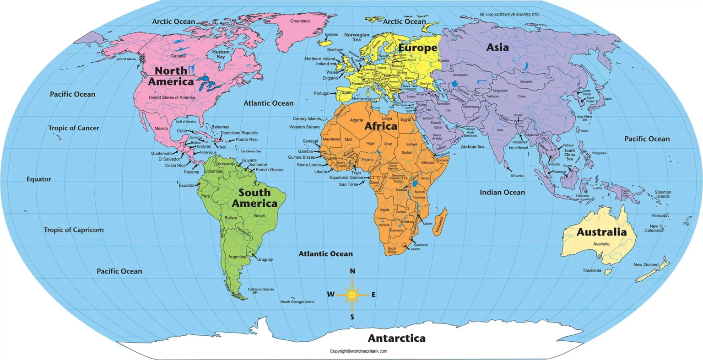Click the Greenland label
(x=300, y=21)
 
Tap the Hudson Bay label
(x=221, y=54)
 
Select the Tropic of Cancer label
(x=74, y=128)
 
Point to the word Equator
(x=38, y=179)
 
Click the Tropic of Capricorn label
(x=74, y=230)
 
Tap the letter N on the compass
(x=352, y=271)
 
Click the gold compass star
(x=352, y=295)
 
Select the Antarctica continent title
(x=396, y=339)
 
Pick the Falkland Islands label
(x=261, y=290)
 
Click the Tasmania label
(x=592, y=270)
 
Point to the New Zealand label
(x=646, y=265)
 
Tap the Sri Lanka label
(x=517, y=176)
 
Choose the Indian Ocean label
(x=502, y=193)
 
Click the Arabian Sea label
(x=472, y=147)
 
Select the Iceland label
(x=331, y=35)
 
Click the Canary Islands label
(x=307, y=119)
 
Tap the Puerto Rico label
(x=247, y=140)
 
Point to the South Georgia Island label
(x=297, y=302)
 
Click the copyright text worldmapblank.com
(x=358, y=351)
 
